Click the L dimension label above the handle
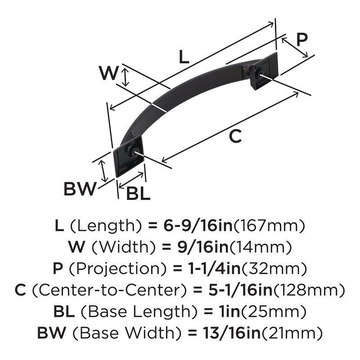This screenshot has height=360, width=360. click(x=184, y=57)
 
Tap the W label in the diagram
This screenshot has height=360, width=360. click(x=108, y=73)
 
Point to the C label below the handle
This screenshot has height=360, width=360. click(x=235, y=136)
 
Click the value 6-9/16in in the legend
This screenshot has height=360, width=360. click(x=198, y=225)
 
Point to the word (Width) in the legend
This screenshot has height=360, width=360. click(x=112, y=247)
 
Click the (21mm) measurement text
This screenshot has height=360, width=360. click(x=293, y=333)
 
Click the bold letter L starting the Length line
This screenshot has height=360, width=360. click(x=59, y=225)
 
